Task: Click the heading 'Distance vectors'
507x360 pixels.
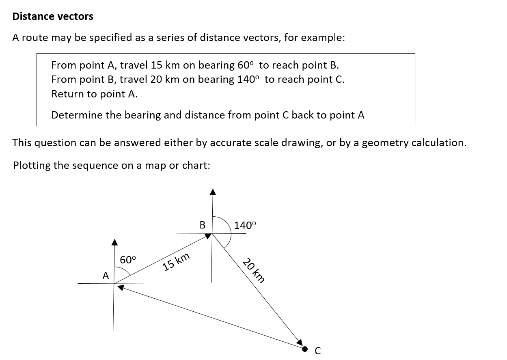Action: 53,17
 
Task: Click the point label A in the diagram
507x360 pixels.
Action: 106,276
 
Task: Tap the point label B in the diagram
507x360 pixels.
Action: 202,224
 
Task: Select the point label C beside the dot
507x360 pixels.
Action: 318,351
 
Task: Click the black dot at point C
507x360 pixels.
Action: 305,348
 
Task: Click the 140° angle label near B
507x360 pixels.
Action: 246,226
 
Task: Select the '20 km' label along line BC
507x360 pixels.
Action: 254,270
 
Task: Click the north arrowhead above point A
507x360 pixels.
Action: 114,242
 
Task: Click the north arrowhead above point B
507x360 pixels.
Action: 211,192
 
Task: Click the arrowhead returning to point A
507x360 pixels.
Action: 121,287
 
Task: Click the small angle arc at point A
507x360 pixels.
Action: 125,272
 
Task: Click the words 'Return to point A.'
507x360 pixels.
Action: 95,94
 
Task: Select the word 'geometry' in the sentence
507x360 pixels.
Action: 383,143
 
